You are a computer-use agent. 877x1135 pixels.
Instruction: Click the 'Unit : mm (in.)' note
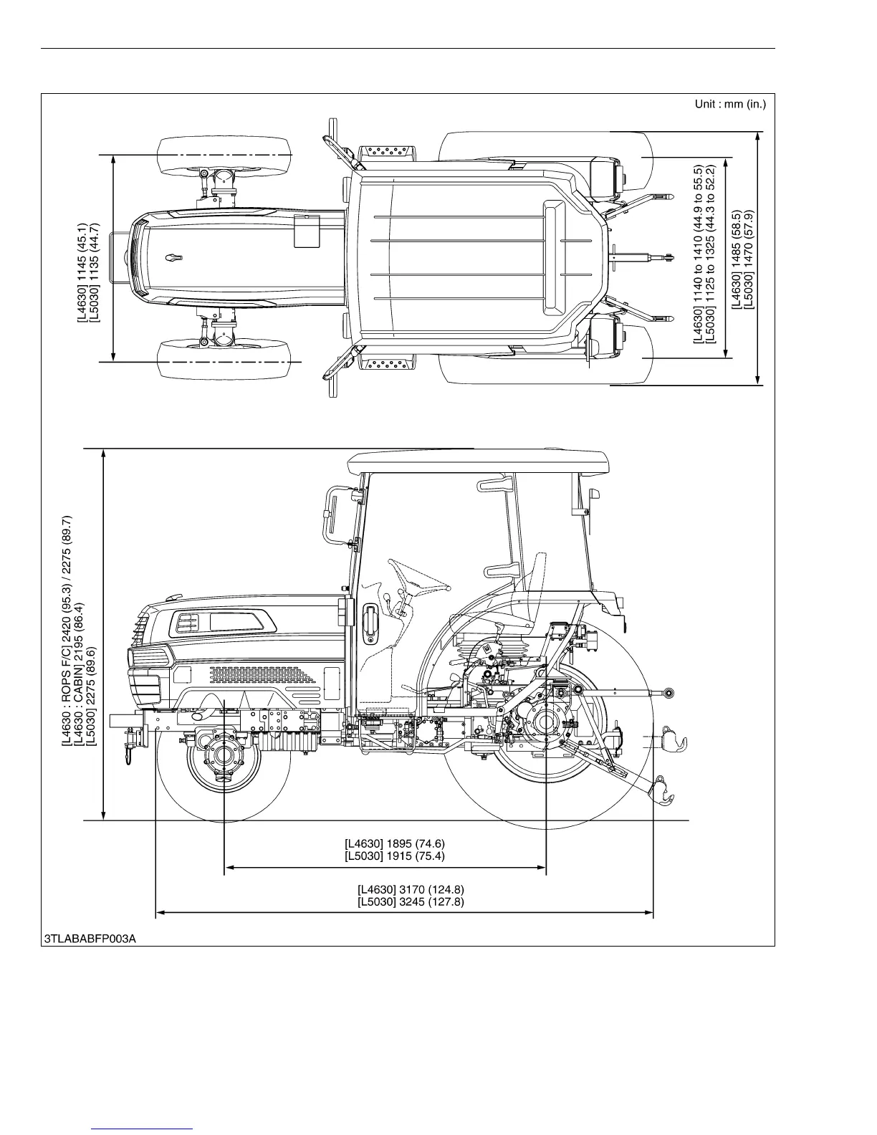click(729, 105)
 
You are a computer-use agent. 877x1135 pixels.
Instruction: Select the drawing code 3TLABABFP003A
click(90, 938)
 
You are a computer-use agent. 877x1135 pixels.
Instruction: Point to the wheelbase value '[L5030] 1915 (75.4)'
click(399, 856)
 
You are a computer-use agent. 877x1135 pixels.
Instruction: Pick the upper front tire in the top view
click(224, 155)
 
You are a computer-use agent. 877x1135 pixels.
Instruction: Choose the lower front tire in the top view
click(224, 363)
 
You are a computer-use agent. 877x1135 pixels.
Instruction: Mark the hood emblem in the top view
click(173, 257)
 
